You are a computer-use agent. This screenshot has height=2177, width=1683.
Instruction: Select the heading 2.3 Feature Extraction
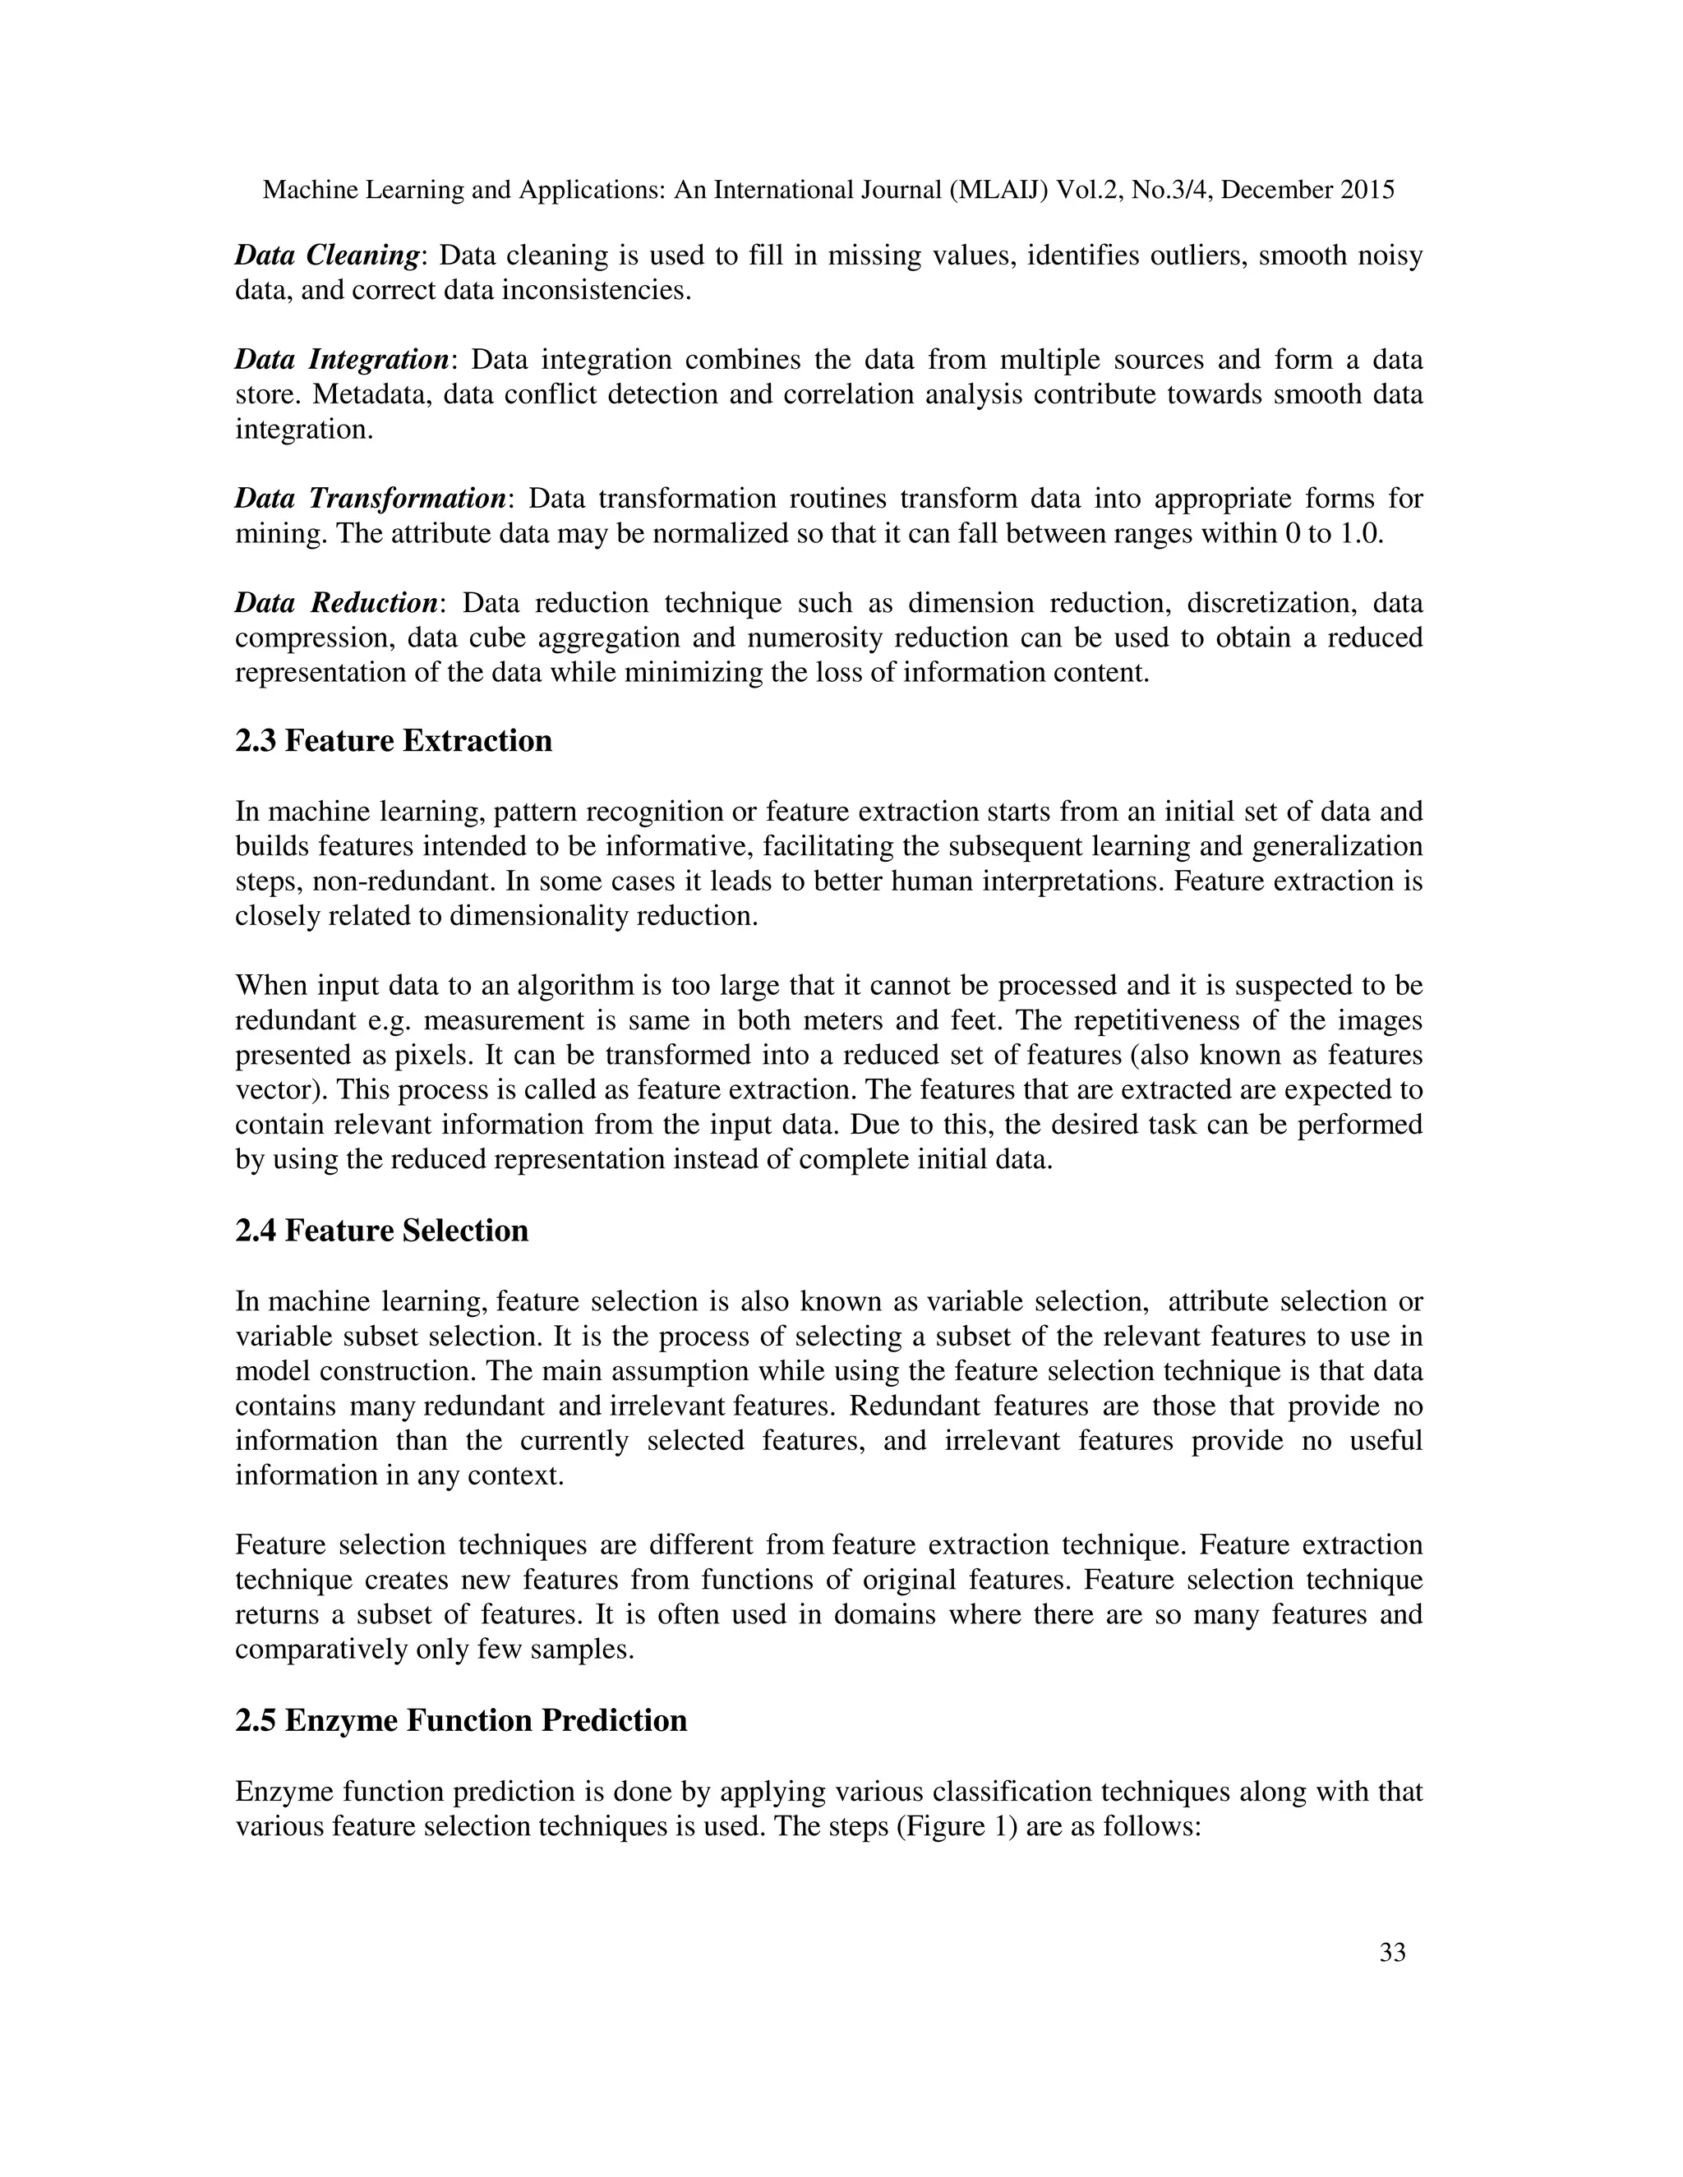coord(393,741)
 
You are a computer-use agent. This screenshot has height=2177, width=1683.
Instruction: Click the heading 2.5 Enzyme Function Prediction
coord(461,1720)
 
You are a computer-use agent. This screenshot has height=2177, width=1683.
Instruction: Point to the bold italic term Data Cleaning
coord(326,255)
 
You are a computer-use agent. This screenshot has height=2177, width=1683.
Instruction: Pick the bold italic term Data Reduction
coord(336,602)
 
